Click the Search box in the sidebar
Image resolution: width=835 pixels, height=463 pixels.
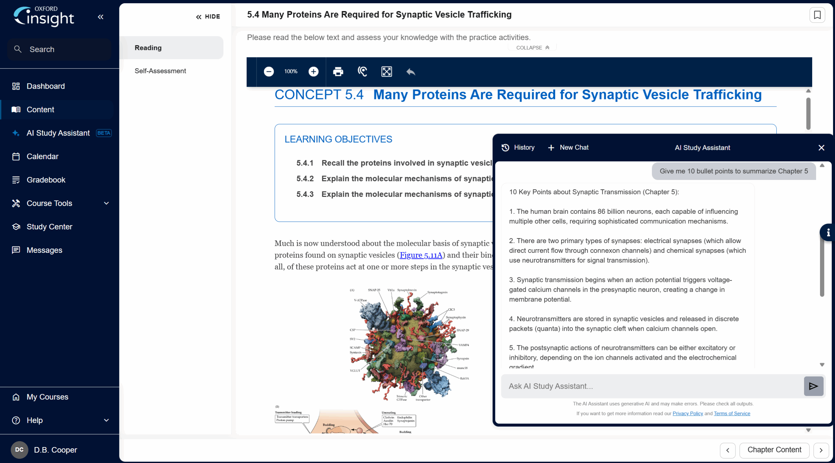[x=59, y=50]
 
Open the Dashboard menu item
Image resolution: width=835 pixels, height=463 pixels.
[x=46, y=86]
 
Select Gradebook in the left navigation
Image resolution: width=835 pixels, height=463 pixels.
[x=46, y=180]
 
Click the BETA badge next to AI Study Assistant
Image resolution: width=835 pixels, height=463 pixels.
[x=104, y=133]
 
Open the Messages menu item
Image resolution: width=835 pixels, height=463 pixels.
[x=44, y=250]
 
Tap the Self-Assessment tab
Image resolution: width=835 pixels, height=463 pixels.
[x=160, y=71]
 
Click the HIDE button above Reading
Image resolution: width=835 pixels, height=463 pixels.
[x=208, y=17]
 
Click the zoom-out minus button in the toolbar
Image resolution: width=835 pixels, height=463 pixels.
[x=269, y=72]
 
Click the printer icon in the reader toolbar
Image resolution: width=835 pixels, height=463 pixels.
[x=338, y=72]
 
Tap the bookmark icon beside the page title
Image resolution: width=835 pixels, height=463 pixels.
[x=817, y=15]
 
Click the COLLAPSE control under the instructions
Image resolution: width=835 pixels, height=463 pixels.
[x=533, y=48]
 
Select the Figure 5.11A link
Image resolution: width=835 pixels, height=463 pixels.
[x=421, y=255]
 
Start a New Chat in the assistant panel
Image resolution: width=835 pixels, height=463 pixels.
[x=568, y=148]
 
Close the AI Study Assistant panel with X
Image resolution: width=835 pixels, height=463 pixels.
[x=821, y=148]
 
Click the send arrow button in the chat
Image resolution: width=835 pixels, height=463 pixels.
[x=813, y=386]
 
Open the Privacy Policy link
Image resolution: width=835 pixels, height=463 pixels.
[x=688, y=413]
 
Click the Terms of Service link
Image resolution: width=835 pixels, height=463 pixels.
[x=732, y=413]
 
